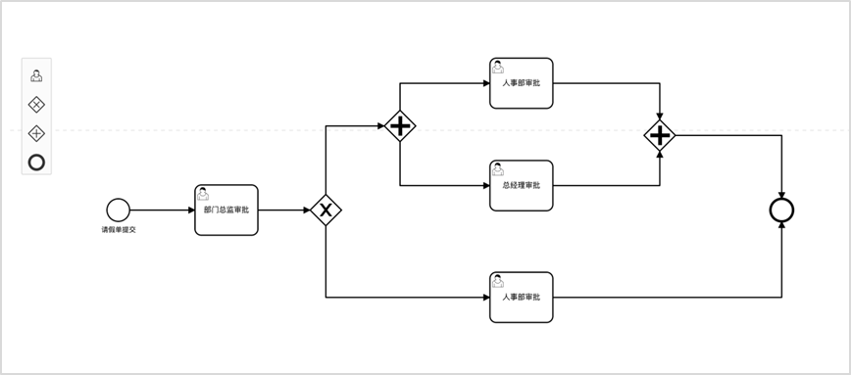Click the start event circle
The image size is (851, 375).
(x=119, y=211)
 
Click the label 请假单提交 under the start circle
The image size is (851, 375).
(x=119, y=230)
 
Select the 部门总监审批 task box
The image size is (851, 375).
(x=226, y=211)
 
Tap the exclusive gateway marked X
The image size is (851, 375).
(x=325, y=211)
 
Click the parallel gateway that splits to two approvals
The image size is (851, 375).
(x=400, y=126)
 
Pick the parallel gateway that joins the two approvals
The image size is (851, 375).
(x=660, y=135)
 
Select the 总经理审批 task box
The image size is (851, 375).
(x=521, y=185)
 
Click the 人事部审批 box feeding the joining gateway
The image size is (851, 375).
(x=521, y=83)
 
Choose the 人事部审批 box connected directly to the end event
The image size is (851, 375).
(x=521, y=298)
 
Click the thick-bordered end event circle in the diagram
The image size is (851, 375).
(x=781, y=211)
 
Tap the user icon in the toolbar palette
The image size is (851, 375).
(x=36, y=75)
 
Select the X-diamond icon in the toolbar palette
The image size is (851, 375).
(x=36, y=105)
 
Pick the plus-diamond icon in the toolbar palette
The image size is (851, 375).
(x=36, y=133)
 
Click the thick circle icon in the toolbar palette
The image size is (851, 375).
(x=36, y=162)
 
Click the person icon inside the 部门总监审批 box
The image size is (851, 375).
(x=202, y=194)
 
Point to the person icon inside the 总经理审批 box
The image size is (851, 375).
(x=498, y=169)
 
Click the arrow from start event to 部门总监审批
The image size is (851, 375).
(x=163, y=211)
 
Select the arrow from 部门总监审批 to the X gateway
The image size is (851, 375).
(x=284, y=211)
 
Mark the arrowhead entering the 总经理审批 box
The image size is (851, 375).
(x=486, y=185)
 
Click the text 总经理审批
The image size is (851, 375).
(x=521, y=185)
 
